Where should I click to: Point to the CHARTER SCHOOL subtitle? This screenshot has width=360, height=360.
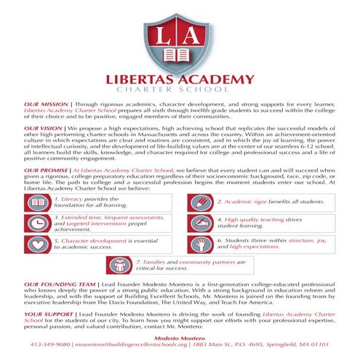(x=180, y=94)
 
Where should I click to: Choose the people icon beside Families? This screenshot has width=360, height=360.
(x=115, y=265)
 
